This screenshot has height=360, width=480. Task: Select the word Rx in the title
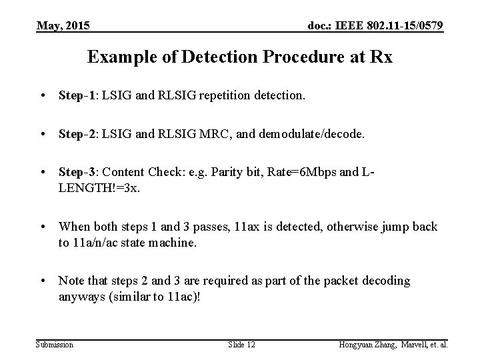click(382, 57)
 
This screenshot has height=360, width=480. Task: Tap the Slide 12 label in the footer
click(242, 345)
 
